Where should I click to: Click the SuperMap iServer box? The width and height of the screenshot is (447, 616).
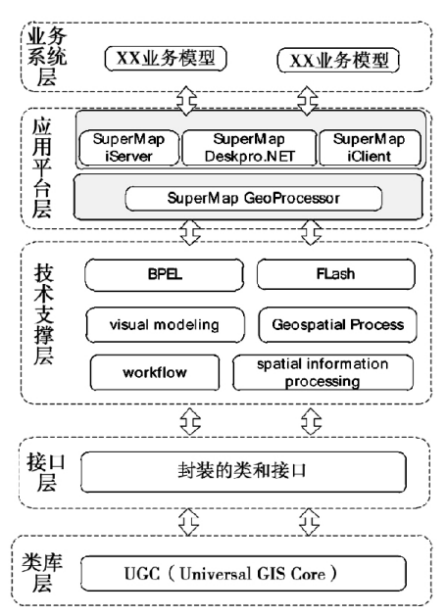(x=129, y=148)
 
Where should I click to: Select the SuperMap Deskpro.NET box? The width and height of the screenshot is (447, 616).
(x=249, y=148)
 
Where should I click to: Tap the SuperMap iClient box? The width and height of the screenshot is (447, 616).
(x=370, y=148)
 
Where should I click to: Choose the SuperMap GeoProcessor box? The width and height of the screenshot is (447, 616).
(x=254, y=199)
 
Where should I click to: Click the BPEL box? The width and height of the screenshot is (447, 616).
(x=164, y=274)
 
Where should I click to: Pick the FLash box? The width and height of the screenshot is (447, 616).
(x=336, y=274)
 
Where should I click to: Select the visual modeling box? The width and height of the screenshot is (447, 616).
(x=165, y=325)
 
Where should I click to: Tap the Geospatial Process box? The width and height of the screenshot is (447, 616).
(x=337, y=325)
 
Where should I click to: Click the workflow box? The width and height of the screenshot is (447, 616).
(x=155, y=372)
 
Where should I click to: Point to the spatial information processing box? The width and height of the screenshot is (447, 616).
(x=323, y=372)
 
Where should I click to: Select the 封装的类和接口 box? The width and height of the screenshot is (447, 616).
(x=243, y=471)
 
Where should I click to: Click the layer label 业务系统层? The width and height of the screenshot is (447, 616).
(x=47, y=58)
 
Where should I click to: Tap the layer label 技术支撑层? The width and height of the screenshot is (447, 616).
(x=44, y=314)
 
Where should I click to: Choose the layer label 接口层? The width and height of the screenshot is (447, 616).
(x=46, y=472)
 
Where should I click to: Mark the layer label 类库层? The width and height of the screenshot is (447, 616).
(x=42, y=573)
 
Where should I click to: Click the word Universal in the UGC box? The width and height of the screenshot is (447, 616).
(x=215, y=574)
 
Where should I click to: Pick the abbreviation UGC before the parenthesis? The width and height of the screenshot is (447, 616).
(x=142, y=574)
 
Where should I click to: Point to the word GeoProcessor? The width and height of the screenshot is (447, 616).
(x=291, y=198)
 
